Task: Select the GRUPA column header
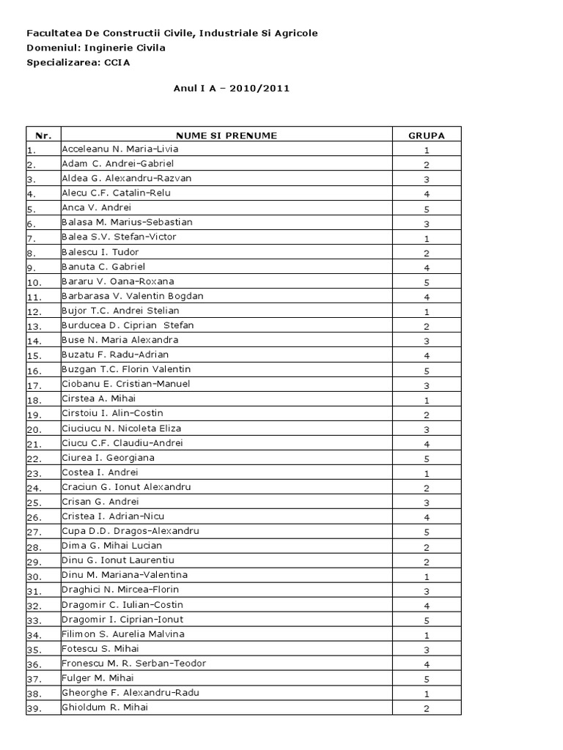pos(426,135)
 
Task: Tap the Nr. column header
pos(43,135)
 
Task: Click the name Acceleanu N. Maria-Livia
pos(120,149)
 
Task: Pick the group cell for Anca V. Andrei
pos(426,209)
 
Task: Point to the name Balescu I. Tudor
pos(100,252)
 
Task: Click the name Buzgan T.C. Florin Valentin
pos(126,369)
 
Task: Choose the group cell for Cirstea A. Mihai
pos(426,400)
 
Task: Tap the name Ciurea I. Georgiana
pos(108,458)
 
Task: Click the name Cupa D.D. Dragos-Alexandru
pos(130,531)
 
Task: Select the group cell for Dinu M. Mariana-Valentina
pos(426,576)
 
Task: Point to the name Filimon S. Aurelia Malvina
pos(123,634)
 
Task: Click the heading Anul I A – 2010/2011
pos(232,89)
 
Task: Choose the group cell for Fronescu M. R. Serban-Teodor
pos(426,664)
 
